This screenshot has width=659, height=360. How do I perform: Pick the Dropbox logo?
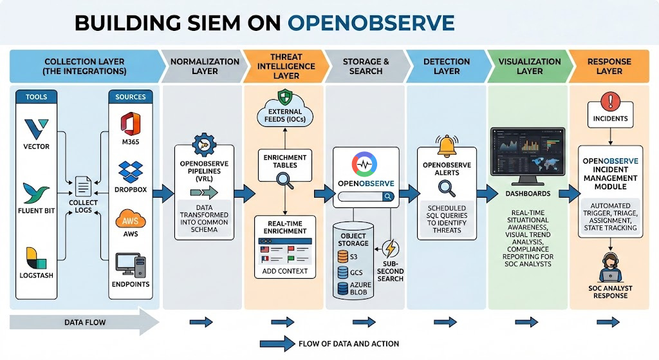point(131,172)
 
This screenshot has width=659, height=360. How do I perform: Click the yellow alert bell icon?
point(446,147)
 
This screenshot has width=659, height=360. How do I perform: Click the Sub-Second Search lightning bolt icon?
point(391,249)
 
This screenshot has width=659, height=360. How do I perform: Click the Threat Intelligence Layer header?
point(284,66)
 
